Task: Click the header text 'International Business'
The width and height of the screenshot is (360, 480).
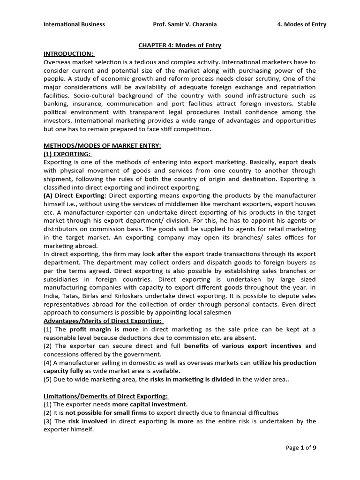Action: pos(74,24)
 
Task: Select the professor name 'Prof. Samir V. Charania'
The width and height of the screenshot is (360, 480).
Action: pos(185,24)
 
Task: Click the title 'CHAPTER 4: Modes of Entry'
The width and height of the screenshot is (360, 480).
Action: pos(180,45)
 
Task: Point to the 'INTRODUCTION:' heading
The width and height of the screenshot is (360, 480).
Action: pos(68,54)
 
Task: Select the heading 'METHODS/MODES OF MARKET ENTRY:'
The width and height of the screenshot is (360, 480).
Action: pos(102,146)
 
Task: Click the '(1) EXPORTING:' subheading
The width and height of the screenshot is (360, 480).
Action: pos(68,154)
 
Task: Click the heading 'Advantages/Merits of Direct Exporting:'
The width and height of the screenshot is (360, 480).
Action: pos(103,321)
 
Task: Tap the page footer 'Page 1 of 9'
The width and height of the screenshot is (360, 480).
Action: pos(301,448)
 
